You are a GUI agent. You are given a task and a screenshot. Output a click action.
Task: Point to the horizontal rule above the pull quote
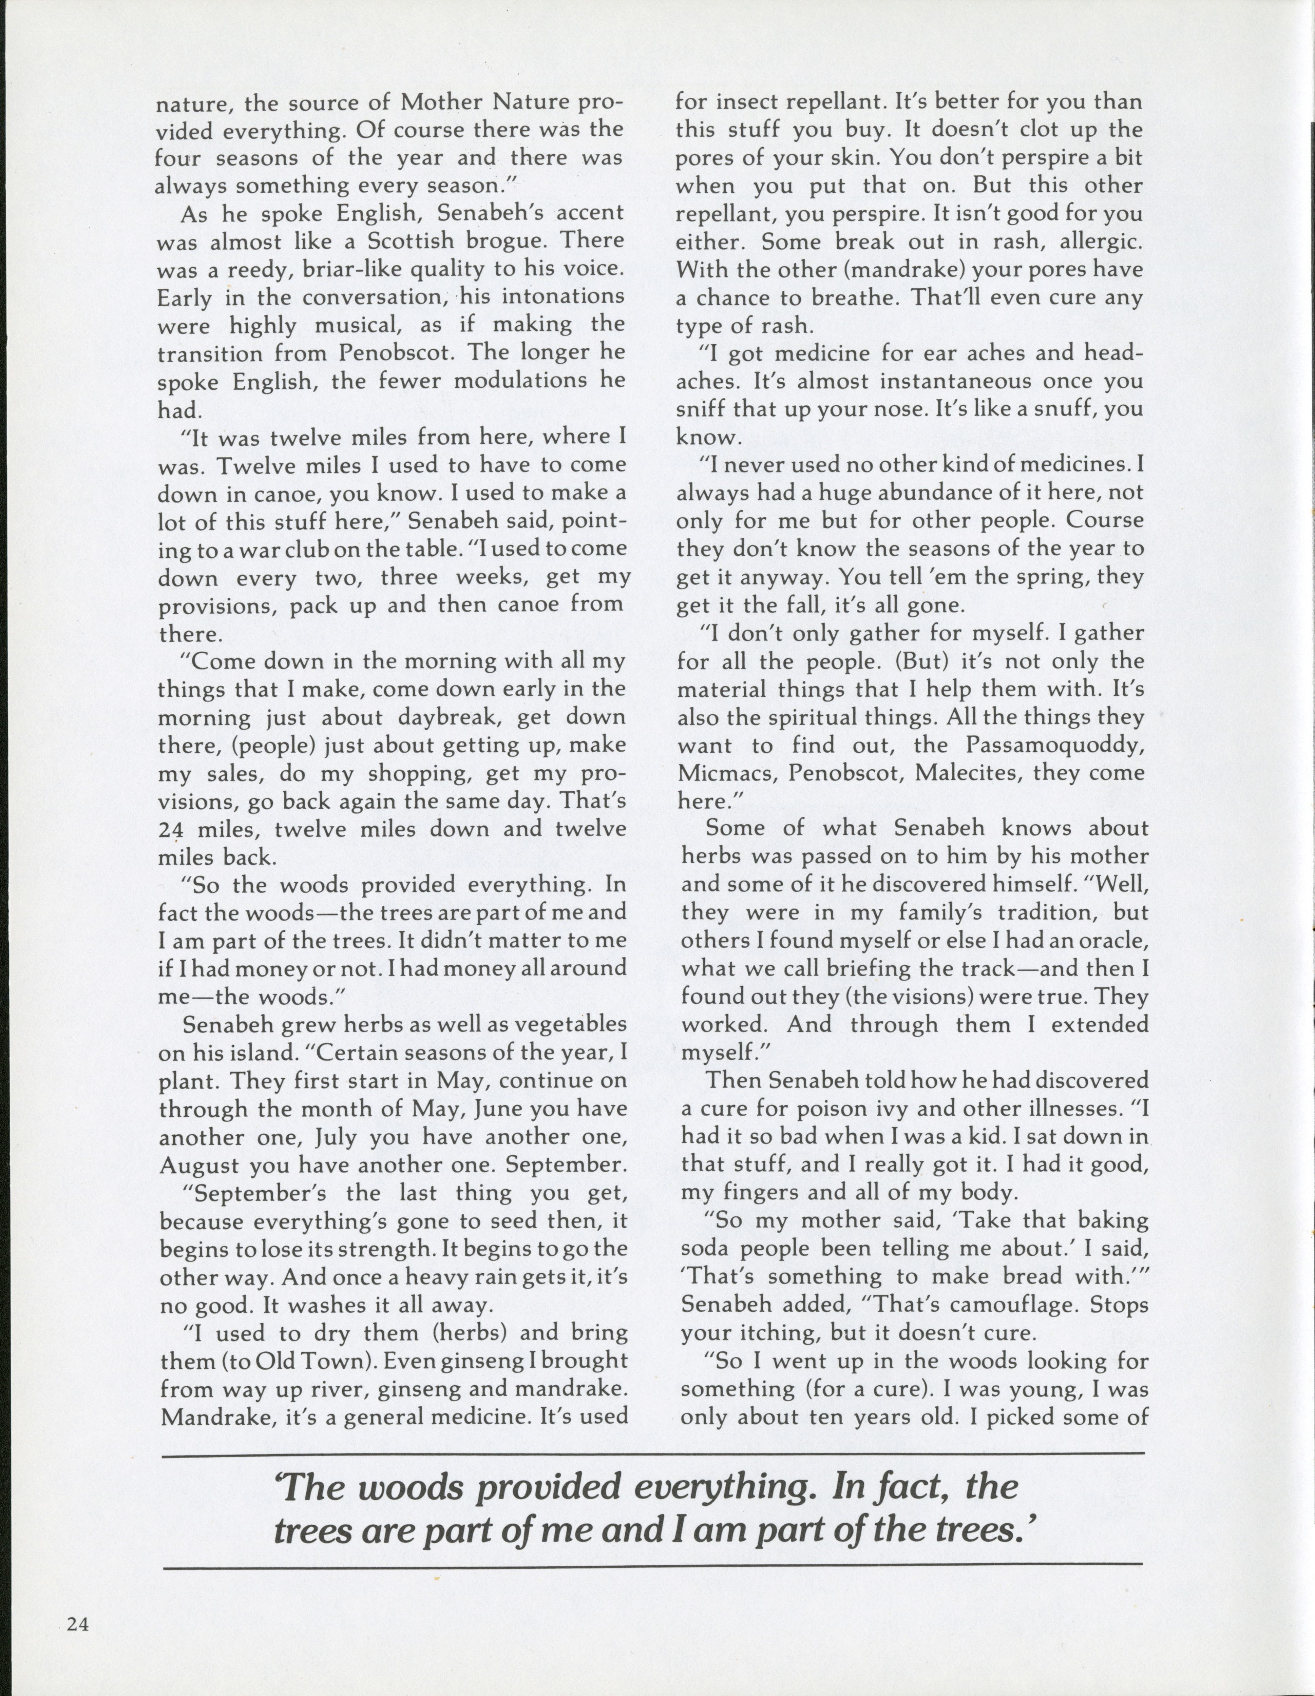pyautogui.click(x=652, y=1452)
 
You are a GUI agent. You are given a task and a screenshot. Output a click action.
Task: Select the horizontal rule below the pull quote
pyautogui.click(x=652, y=1563)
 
